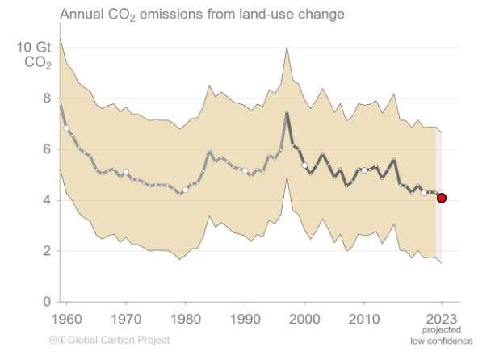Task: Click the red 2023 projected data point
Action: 441,198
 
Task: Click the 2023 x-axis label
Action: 441,317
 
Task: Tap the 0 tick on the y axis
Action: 47,302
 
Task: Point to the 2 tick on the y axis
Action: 47,251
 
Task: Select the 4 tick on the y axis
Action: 47,200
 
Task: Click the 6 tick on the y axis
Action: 47,149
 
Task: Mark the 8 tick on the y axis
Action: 47,98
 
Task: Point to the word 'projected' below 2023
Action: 441,330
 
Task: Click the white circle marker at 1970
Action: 125,172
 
